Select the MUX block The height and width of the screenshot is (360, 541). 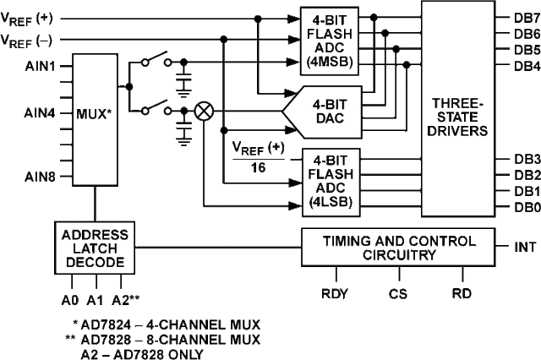pyautogui.click(x=95, y=119)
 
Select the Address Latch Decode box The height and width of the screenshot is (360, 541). pyautogui.click(x=95, y=247)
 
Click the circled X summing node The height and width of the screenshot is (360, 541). pyautogui.click(x=204, y=112)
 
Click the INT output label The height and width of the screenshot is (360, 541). pyautogui.click(x=525, y=248)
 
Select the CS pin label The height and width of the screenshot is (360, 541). pyautogui.click(x=397, y=295)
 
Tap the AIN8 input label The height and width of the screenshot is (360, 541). pyautogui.click(x=40, y=176)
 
